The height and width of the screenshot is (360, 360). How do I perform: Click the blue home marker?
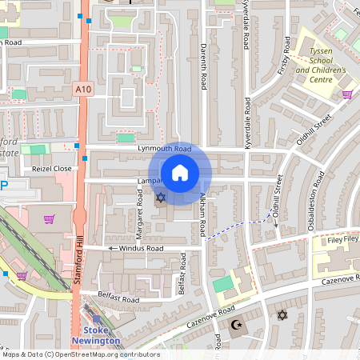pyautogui.click(x=179, y=172)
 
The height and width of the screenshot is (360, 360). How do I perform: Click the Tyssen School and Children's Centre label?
pyautogui.click(x=320, y=65)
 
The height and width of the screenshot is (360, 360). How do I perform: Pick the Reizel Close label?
pyautogui.click(x=51, y=169)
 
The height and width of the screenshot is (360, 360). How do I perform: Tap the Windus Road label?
pyautogui.click(x=141, y=249)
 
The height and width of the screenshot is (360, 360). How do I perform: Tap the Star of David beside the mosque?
pyautogui.click(x=281, y=315)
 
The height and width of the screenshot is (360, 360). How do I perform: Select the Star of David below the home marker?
pyautogui.click(x=159, y=197)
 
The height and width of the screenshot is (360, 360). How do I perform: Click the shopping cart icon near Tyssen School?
pyautogui.click(x=347, y=94)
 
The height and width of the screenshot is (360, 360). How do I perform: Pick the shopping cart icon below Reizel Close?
pyautogui.click(x=50, y=218)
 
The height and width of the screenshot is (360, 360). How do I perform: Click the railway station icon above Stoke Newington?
pyautogui.click(x=97, y=319)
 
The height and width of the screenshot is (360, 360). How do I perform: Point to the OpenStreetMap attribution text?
pyautogui.click(x=80, y=354)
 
